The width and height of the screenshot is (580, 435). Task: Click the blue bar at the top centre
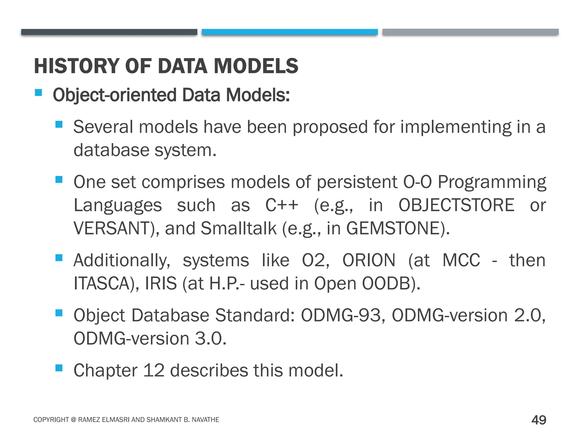click(x=290, y=32)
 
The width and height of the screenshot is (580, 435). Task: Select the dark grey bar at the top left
click(x=109, y=32)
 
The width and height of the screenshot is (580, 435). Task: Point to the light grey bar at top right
click(x=470, y=32)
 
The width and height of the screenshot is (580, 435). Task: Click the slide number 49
click(x=539, y=420)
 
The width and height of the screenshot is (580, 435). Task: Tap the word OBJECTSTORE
click(x=456, y=205)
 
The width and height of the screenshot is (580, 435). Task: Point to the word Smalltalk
click(x=238, y=228)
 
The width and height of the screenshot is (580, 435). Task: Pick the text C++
click(x=282, y=205)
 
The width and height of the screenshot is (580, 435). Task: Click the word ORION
click(x=369, y=260)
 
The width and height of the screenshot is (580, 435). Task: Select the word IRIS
click(x=161, y=283)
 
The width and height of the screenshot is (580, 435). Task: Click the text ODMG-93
click(x=341, y=315)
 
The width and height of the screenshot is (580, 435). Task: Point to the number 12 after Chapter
click(x=154, y=370)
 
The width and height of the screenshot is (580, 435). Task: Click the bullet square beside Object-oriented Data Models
click(x=39, y=93)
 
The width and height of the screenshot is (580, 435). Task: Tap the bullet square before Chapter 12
click(x=59, y=368)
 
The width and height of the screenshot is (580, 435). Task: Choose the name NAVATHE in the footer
click(x=205, y=420)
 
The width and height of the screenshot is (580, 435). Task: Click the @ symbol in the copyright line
click(x=73, y=420)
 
